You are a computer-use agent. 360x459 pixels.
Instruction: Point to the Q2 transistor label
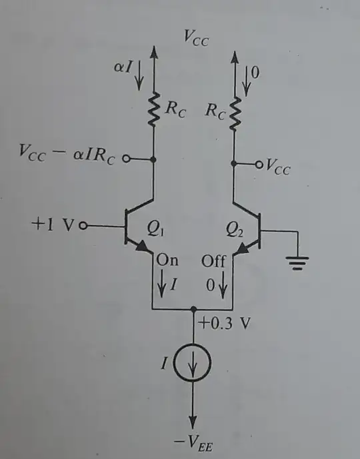coord(235,230)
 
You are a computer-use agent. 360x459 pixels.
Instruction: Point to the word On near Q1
coord(168,261)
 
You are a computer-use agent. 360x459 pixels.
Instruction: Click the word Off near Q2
coord(214,261)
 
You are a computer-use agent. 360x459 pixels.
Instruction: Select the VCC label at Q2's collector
coord(276,169)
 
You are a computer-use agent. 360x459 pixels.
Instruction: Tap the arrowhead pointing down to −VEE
coord(194,421)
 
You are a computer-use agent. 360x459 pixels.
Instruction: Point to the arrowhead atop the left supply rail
coord(155,51)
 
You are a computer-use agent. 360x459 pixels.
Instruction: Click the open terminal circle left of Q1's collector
coord(127,161)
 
